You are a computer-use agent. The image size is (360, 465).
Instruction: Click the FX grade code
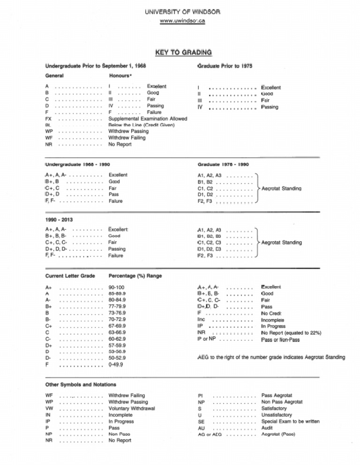coord(49,119)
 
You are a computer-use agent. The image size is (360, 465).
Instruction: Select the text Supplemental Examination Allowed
coord(148,119)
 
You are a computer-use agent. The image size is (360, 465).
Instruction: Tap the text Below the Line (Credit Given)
coord(142,125)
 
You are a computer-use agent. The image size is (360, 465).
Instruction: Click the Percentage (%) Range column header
coord(135,276)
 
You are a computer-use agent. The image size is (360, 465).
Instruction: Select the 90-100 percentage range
coord(116,287)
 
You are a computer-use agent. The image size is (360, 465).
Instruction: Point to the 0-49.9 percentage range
coord(116,364)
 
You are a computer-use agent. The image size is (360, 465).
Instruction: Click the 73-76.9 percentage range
coord(117,313)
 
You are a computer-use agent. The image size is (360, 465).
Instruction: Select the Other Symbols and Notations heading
coord(81,384)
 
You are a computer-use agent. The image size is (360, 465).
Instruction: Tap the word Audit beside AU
coord(267,428)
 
